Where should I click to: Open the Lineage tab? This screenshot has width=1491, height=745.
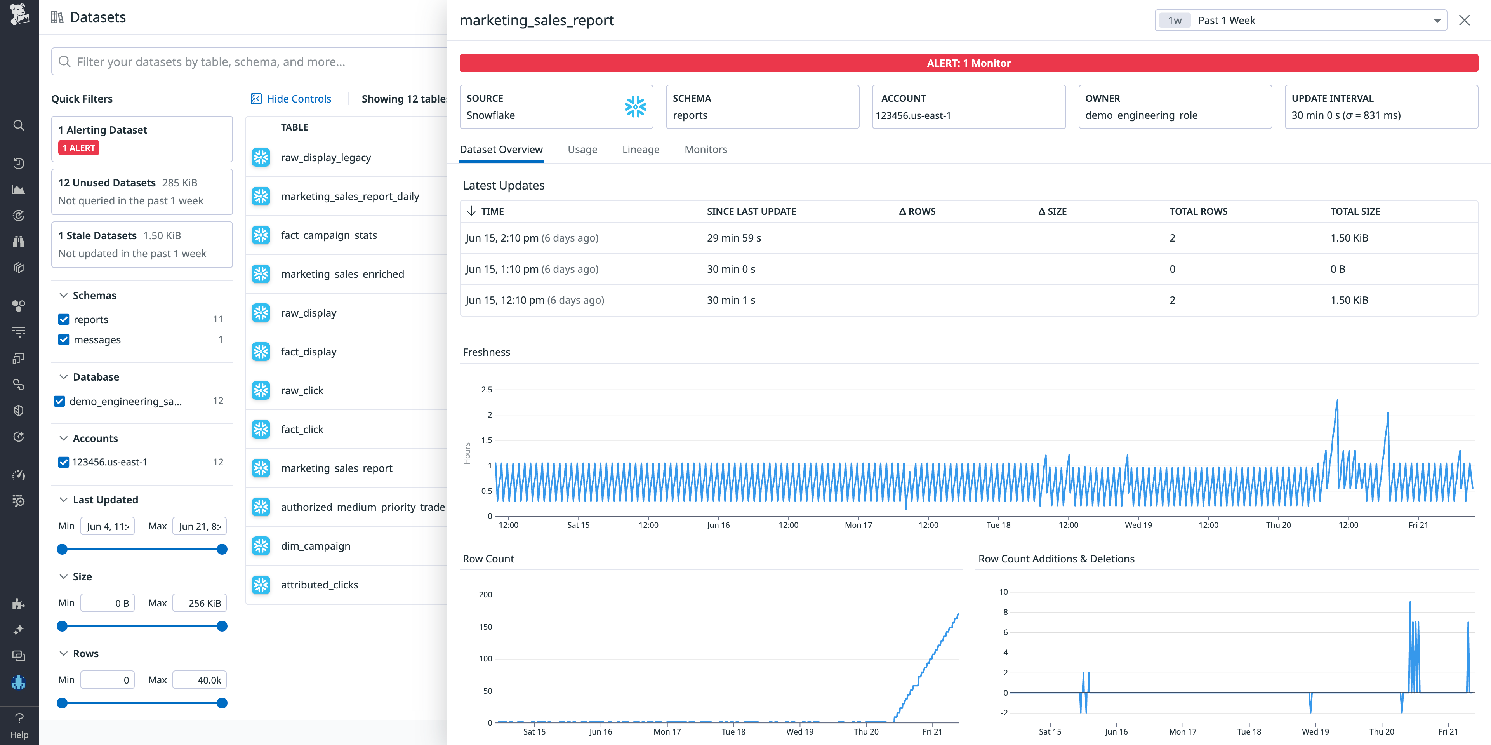coord(641,149)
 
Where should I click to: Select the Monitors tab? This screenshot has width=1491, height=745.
coord(706,149)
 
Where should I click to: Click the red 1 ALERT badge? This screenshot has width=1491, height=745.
coord(79,148)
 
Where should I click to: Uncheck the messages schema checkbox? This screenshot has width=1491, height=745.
coord(64,340)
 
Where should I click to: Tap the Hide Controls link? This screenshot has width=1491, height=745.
coord(298,99)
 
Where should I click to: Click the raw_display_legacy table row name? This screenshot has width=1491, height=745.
coord(326,157)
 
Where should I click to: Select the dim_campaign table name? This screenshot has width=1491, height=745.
coord(315,546)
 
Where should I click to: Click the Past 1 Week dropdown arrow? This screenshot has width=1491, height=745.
coord(1437,21)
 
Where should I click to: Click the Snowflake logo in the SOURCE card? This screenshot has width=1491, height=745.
coord(635,107)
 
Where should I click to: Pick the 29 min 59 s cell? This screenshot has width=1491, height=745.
coord(733,238)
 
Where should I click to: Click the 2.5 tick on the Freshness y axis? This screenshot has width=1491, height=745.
coord(486,390)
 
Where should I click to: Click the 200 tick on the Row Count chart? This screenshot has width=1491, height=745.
coord(485,595)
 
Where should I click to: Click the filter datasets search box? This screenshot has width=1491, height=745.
coord(255,62)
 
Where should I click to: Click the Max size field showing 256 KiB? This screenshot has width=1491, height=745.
coord(200,603)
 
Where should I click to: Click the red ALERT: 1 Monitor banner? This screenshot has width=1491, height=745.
coord(968,63)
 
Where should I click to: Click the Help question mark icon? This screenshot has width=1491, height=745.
coord(19,718)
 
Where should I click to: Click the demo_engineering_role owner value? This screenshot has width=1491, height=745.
coord(1141,115)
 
